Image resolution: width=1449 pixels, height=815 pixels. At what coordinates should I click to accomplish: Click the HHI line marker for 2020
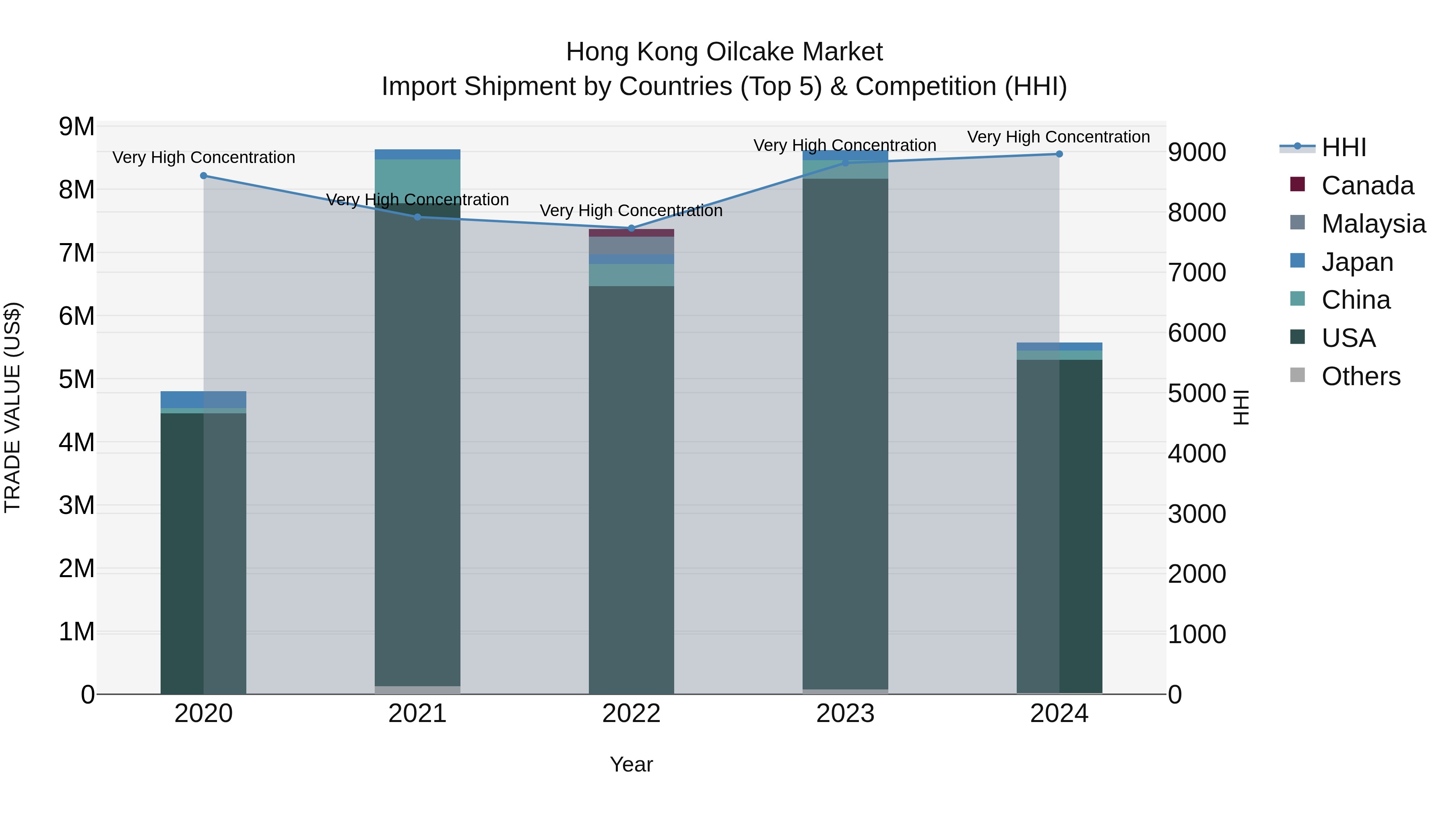tap(204, 175)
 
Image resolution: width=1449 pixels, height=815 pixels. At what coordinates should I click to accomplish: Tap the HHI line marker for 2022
tap(631, 228)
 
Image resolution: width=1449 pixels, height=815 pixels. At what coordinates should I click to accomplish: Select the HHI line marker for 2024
tap(1059, 154)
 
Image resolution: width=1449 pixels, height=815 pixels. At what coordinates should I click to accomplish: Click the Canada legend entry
tap(1367, 186)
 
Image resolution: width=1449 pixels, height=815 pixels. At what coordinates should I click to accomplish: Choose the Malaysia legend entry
tap(1373, 224)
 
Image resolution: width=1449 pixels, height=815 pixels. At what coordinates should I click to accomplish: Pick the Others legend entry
tap(1361, 376)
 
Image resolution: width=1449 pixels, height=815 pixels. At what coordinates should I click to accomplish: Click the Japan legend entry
tap(1357, 262)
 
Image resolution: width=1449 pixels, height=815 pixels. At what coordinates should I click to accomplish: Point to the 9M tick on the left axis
tap(76, 126)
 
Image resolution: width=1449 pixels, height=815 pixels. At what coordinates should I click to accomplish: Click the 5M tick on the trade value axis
tap(76, 379)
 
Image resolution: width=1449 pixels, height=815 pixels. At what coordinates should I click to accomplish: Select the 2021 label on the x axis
tap(417, 714)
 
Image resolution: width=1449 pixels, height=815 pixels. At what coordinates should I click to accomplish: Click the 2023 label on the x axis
tap(845, 714)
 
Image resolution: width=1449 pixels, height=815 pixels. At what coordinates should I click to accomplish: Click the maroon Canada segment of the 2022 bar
tap(631, 233)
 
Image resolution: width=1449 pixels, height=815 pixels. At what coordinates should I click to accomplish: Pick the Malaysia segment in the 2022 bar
tap(631, 246)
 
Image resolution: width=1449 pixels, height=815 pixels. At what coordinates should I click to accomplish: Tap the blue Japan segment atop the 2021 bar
tap(417, 155)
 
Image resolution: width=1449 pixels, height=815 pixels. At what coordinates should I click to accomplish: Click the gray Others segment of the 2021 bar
tap(417, 690)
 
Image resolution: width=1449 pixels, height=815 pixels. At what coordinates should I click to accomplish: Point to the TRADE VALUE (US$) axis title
tap(12, 407)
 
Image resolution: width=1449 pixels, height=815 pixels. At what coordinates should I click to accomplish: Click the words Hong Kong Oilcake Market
tap(724, 52)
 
